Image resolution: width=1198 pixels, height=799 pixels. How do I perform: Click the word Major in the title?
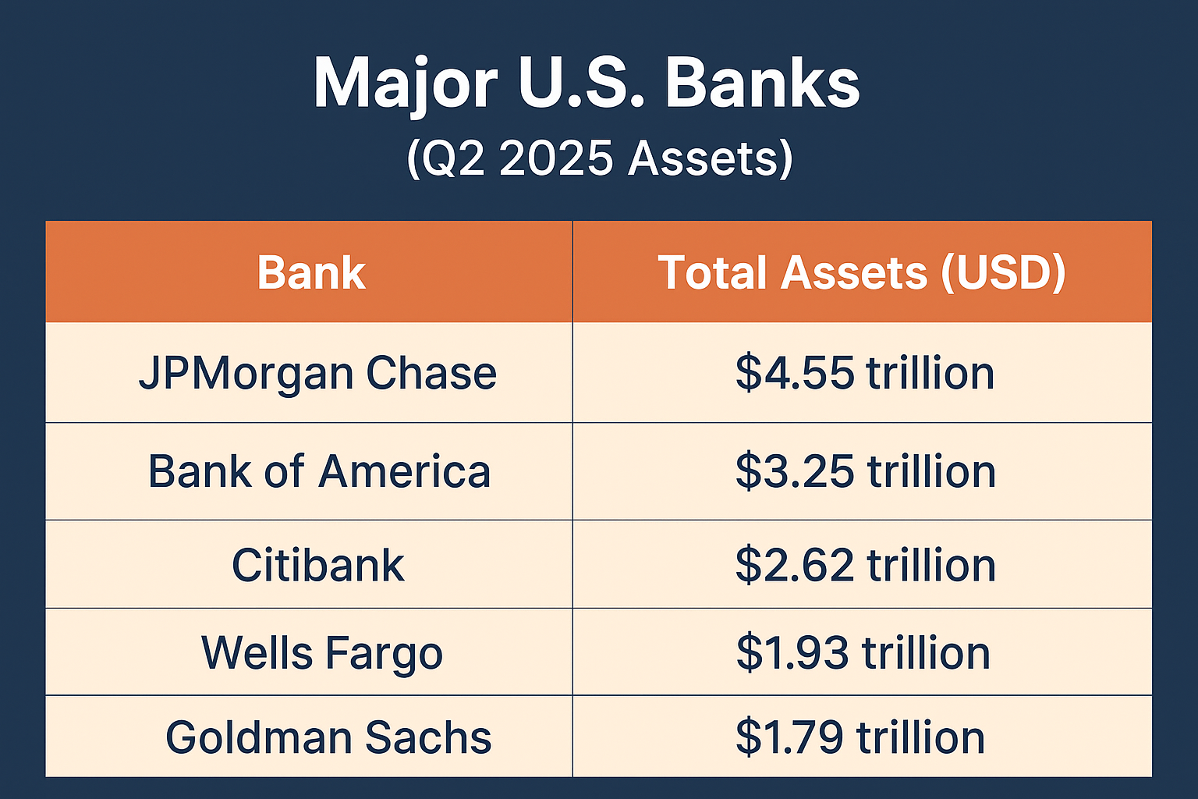[x=406, y=86]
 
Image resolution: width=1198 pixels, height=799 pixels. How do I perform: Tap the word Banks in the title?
[x=763, y=82]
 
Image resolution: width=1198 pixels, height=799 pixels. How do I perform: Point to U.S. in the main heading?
[x=581, y=83]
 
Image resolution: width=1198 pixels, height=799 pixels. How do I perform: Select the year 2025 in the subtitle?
[x=556, y=158]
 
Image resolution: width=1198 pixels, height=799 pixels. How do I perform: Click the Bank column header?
[x=311, y=273]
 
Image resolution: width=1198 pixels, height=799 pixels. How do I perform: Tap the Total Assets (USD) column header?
[x=862, y=273]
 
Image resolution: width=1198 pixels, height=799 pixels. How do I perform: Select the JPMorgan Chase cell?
[x=317, y=374]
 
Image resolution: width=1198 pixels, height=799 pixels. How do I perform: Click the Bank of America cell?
[x=319, y=471]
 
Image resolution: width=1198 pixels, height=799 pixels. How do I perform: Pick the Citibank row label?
[x=318, y=565]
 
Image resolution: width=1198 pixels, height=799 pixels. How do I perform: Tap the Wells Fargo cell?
[x=322, y=653]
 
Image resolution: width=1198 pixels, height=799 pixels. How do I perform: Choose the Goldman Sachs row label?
[x=328, y=737]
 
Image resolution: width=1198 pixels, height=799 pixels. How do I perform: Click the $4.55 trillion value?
[x=865, y=372]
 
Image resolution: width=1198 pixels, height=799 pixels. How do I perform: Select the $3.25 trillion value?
[x=865, y=471]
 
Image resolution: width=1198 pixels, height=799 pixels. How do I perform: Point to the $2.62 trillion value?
[x=865, y=565]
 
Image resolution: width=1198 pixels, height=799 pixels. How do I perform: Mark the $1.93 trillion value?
[x=863, y=652]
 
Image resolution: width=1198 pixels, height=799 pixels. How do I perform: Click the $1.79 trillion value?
[x=860, y=737]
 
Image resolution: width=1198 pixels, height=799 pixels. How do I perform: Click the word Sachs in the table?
[x=428, y=737]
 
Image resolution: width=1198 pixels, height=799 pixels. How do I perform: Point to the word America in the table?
[x=404, y=471]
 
